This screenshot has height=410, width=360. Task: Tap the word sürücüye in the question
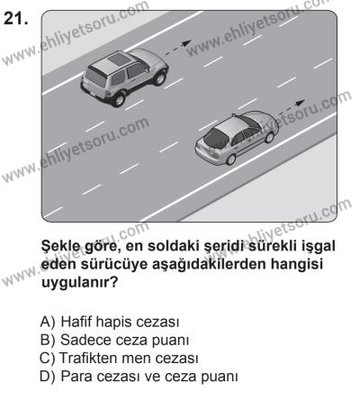(x=107, y=265)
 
